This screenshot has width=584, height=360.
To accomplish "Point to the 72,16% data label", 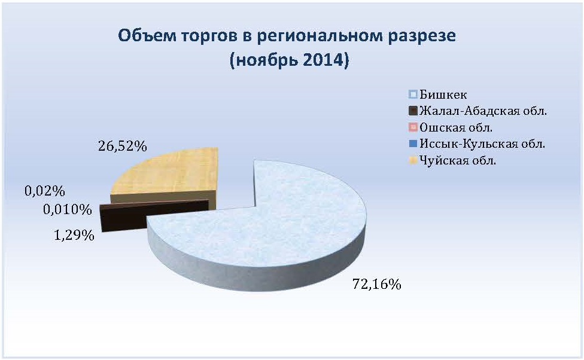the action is click(x=376, y=285).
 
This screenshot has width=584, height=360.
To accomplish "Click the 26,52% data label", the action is click(x=123, y=146).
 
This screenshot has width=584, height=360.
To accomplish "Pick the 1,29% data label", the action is click(x=74, y=235).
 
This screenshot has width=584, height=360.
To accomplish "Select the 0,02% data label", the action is click(x=45, y=191).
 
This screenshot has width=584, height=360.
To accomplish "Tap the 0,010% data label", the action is click(x=68, y=209).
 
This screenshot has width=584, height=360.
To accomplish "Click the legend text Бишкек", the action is click(x=443, y=94).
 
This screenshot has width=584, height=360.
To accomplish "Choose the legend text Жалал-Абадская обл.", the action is click(x=483, y=111).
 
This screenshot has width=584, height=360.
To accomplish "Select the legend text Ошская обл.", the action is click(x=456, y=127).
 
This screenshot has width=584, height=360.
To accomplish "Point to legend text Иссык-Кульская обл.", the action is click(x=482, y=144).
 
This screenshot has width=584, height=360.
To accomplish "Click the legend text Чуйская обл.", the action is click(x=458, y=160).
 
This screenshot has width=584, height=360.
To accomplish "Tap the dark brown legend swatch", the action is click(x=413, y=111).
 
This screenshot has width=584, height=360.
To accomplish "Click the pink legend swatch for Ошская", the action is click(x=413, y=127).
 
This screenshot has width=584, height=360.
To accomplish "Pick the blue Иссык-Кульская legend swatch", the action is click(x=413, y=144).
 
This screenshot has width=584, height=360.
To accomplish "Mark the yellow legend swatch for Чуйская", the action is click(x=413, y=160).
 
